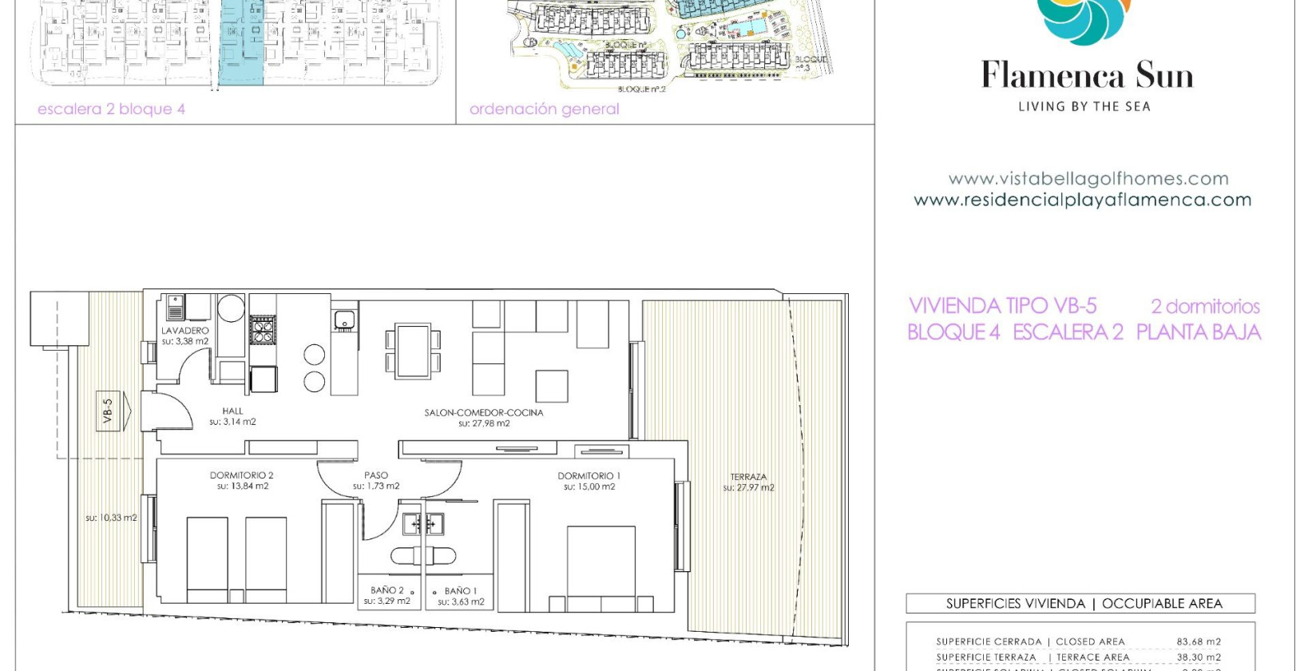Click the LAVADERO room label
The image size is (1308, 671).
(185, 330)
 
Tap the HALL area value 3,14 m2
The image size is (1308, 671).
(233, 422)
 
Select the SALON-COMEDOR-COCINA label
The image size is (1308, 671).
(484, 413)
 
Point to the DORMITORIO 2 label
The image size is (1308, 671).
(242, 475)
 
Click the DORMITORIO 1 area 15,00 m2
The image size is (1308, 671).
(589, 486)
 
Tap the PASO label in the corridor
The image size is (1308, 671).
(376, 475)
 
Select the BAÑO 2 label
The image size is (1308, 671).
(387, 590)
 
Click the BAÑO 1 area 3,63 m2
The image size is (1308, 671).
(461, 602)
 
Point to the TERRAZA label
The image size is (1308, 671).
(748, 477)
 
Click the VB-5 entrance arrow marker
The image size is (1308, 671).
(111, 411)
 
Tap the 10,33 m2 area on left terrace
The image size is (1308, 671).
(111, 518)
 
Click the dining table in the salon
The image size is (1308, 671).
(413, 350)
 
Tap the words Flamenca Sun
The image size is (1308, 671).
(1087, 76)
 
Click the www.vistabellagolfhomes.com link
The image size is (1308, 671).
(1088, 179)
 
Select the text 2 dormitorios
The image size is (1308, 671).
(1205, 306)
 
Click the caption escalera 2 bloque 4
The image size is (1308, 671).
(112, 109)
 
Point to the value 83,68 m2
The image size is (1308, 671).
(1198, 641)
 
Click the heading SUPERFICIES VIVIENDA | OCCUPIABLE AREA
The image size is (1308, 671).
(1084, 604)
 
